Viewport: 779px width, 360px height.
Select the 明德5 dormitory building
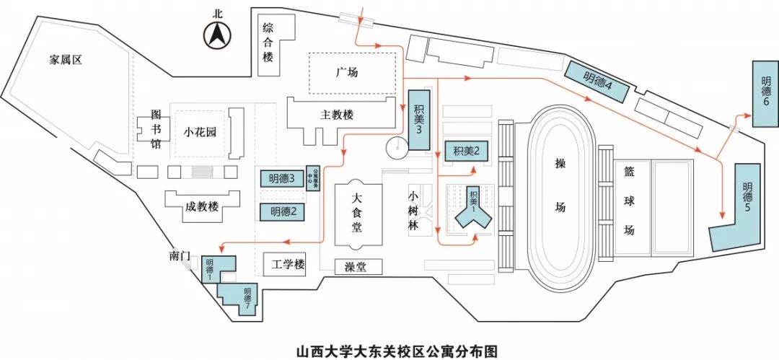click(x=743, y=206)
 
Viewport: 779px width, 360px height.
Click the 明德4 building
click(x=597, y=79)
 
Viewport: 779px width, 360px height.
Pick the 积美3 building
click(x=419, y=119)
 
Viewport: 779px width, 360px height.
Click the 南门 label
click(x=180, y=256)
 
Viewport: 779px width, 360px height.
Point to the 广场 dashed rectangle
click(x=353, y=72)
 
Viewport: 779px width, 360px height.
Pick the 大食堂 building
click(x=358, y=213)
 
